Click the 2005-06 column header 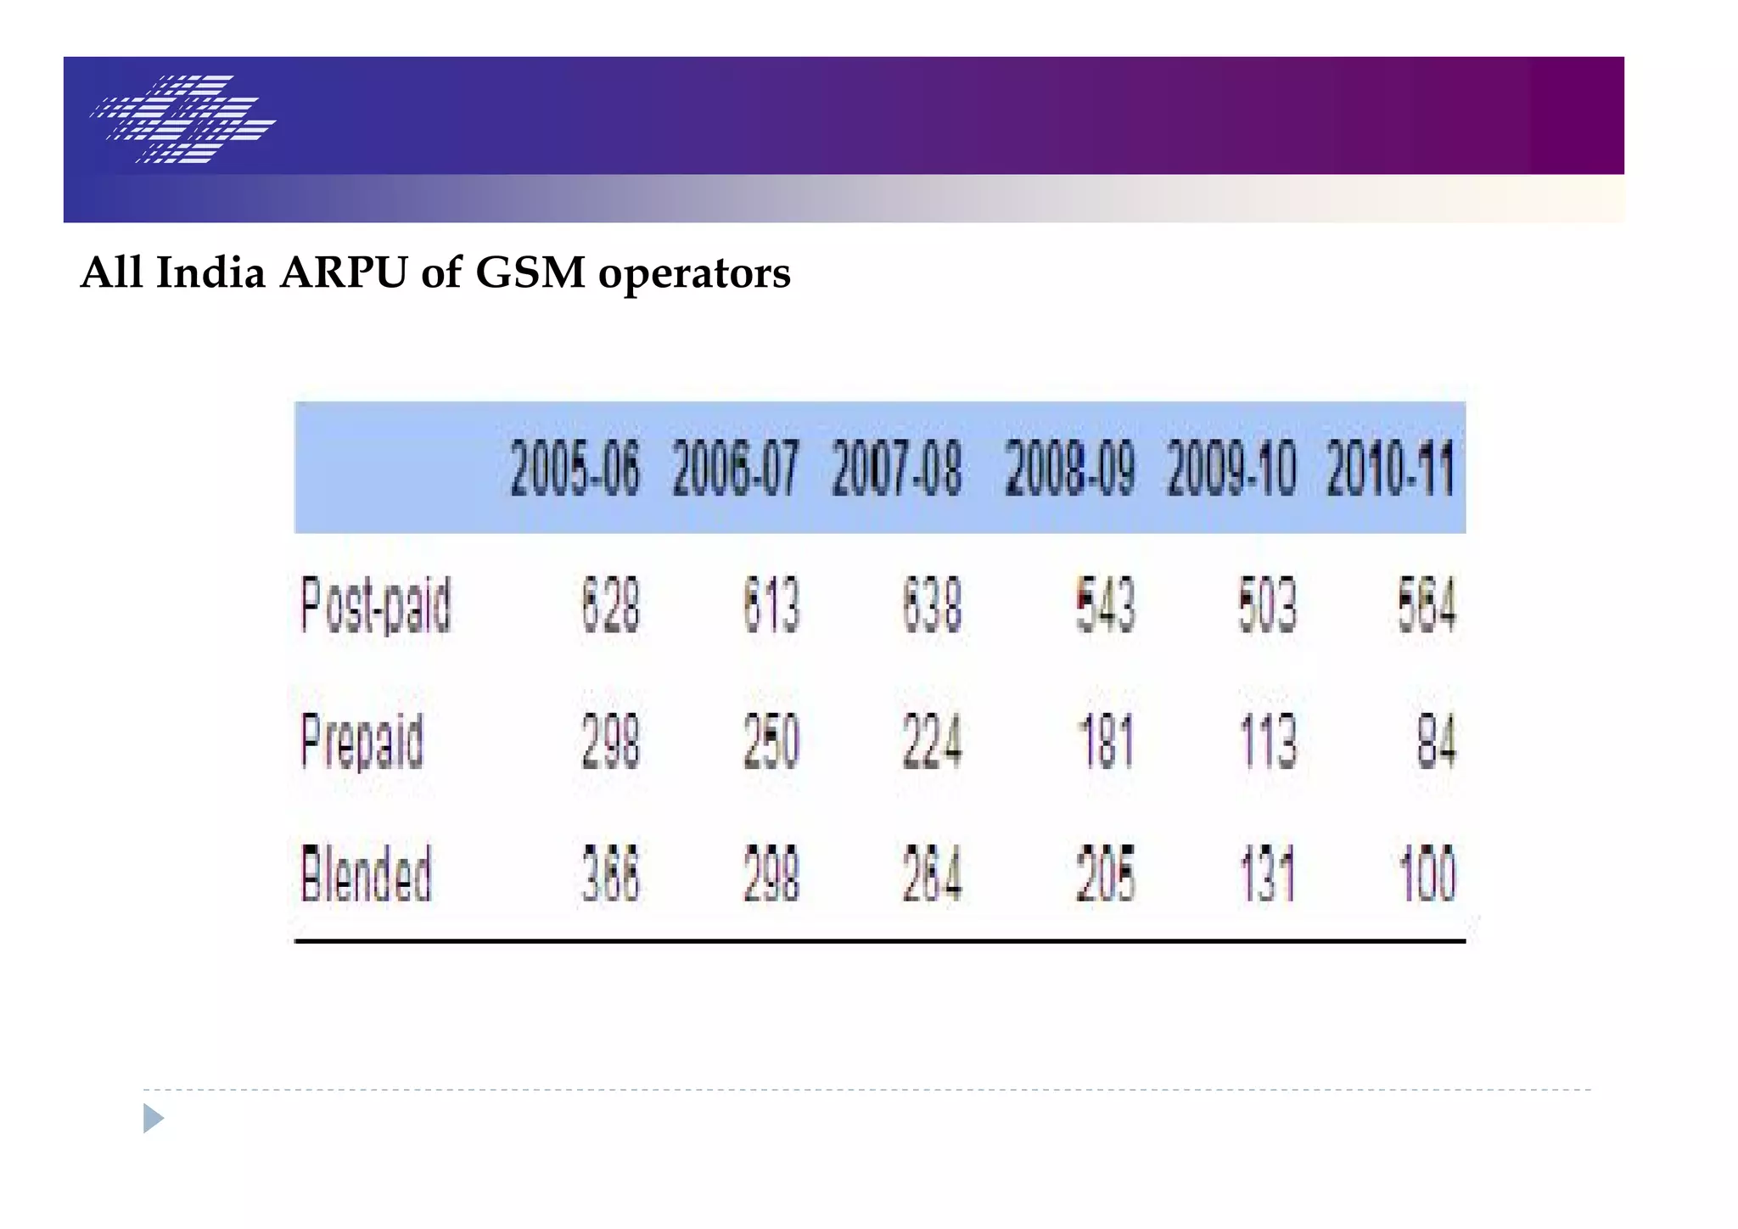(575, 469)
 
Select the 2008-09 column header (1069, 469)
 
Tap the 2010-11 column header (1391, 469)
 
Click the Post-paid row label (376, 605)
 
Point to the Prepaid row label (362, 742)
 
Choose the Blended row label (366, 874)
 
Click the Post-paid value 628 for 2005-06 (610, 605)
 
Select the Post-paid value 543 (1105, 605)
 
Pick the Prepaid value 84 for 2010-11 (1436, 742)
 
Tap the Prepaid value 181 (1105, 742)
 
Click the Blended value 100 (1427, 874)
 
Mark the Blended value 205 (1105, 874)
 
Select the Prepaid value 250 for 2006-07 (771, 742)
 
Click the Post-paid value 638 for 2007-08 (932, 605)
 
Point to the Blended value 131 (1267, 874)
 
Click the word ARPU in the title (344, 273)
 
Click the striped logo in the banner (183, 119)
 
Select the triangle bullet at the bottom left (152, 1119)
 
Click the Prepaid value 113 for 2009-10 (1267, 742)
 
